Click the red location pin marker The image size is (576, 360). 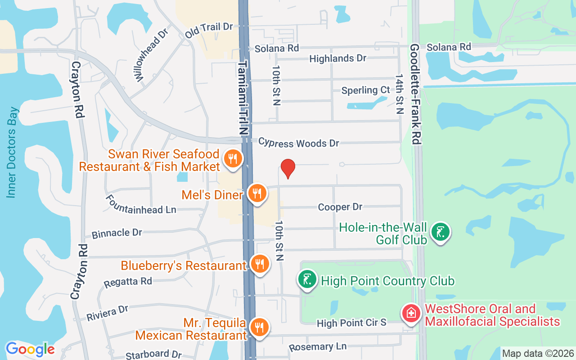[x=288, y=168]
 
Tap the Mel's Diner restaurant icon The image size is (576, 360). [x=257, y=193]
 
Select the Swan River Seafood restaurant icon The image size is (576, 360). [x=233, y=159]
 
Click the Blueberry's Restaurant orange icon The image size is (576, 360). [x=259, y=265]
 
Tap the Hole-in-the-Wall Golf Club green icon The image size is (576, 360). [x=440, y=232]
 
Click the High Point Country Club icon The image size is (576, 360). [x=307, y=280]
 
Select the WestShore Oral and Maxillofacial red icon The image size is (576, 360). [x=410, y=313]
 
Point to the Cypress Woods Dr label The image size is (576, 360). [x=298, y=143]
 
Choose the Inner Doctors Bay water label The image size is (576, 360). [x=12, y=152]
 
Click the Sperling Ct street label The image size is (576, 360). [x=365, y=90]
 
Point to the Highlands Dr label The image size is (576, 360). [x=338, y=58]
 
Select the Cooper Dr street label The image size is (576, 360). [x=340, y=207]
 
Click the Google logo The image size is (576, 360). [x=30, y=349]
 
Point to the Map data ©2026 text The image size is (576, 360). [x=538, y=354]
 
